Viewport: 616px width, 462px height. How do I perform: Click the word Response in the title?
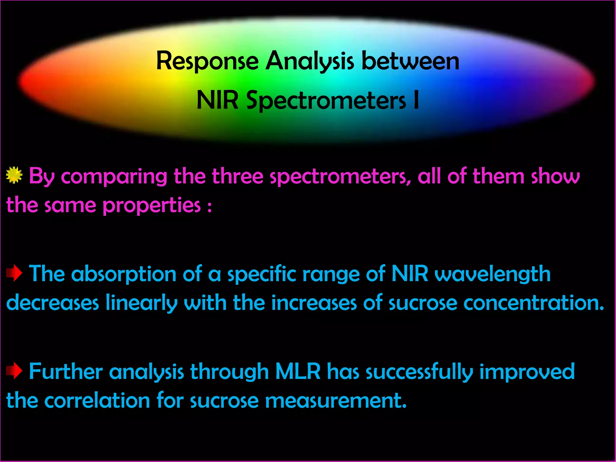click(207, 61)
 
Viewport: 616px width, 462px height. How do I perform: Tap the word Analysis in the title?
click(310, 61)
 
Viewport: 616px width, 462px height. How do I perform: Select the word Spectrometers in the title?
click(326, 100)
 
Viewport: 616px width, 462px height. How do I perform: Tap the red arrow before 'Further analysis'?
click(14, 371)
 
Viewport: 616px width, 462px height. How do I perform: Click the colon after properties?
click(209, 207)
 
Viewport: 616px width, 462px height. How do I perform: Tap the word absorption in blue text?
click(124, 274)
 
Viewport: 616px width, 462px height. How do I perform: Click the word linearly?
click(141, 303)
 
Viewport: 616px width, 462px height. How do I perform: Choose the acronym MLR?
click(298, 371)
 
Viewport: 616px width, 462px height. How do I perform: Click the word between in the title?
click(410, 61)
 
